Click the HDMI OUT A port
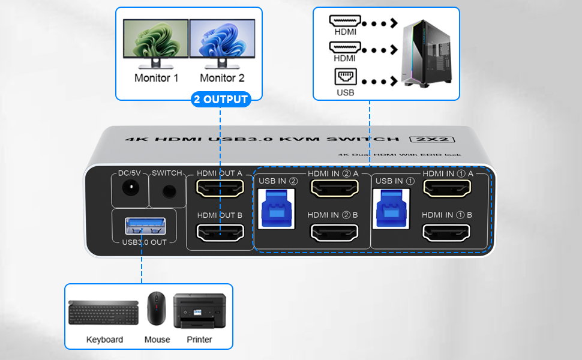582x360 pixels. [x=220, y=190]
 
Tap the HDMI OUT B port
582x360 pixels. [x=220, y=232]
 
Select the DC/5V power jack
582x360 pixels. [x=128, y=190]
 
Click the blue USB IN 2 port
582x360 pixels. [x=277, y=207]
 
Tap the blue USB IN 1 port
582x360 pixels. [x=391, y=207]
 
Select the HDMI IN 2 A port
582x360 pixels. [x=333, y=189]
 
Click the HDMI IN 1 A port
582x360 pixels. [x=447, y=189]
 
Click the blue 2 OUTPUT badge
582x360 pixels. [x=221, y=99]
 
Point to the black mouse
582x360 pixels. [x=157, y=308]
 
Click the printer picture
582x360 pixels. [x=199, y=311]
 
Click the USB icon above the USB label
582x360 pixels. [x=344, y=77]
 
